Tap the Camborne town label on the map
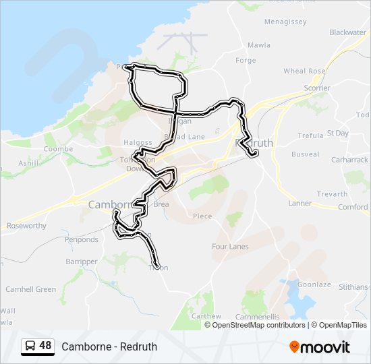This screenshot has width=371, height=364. [108, 204]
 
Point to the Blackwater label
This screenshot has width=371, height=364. [347, 32]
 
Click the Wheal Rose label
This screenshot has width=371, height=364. [304, 71]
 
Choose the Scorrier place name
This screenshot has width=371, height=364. [317, 88]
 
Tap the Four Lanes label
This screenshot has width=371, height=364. [230, 247]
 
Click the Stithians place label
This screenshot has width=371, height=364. [353, 287]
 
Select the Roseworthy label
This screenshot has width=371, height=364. [26, 226]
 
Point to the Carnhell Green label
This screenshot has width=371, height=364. [31, 289]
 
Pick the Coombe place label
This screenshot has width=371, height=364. [58, 149]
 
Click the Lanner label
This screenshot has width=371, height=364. [300, 203]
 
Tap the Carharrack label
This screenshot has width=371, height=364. [349, 160]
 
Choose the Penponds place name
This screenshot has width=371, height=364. [82, 239]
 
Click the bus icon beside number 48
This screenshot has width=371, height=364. [30, 346]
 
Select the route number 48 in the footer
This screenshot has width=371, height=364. [45, 346]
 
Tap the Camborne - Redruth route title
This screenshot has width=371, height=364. [109, 347]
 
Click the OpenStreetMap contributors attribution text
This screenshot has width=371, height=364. [256, 325]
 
